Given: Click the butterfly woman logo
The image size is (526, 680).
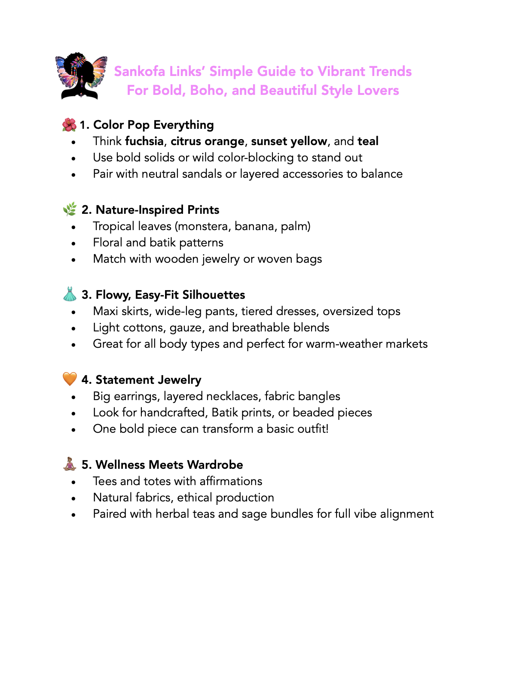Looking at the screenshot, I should [x=81, y=76].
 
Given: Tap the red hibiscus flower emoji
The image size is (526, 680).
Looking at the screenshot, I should [x=69, y=125].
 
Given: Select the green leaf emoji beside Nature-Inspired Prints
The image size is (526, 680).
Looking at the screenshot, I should [x=70, y=209].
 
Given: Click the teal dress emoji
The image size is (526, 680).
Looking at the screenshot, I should [x=70, y=294].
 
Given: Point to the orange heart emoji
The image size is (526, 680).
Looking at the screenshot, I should [x=70, y=379].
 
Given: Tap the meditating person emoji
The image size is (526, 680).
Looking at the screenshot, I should [x=70, y=464].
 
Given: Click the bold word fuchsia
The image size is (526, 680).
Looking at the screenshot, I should [x=144, y=141].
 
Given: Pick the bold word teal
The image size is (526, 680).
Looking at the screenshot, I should [x=368, y=141].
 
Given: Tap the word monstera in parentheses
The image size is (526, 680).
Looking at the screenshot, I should [x=202, y=226].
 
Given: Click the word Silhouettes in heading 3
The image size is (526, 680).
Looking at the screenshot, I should [x=214, y=295].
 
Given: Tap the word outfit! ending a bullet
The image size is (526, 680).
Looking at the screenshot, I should [x=313, y=429].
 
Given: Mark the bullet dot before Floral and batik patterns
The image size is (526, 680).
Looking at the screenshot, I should [x=74, y=243].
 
